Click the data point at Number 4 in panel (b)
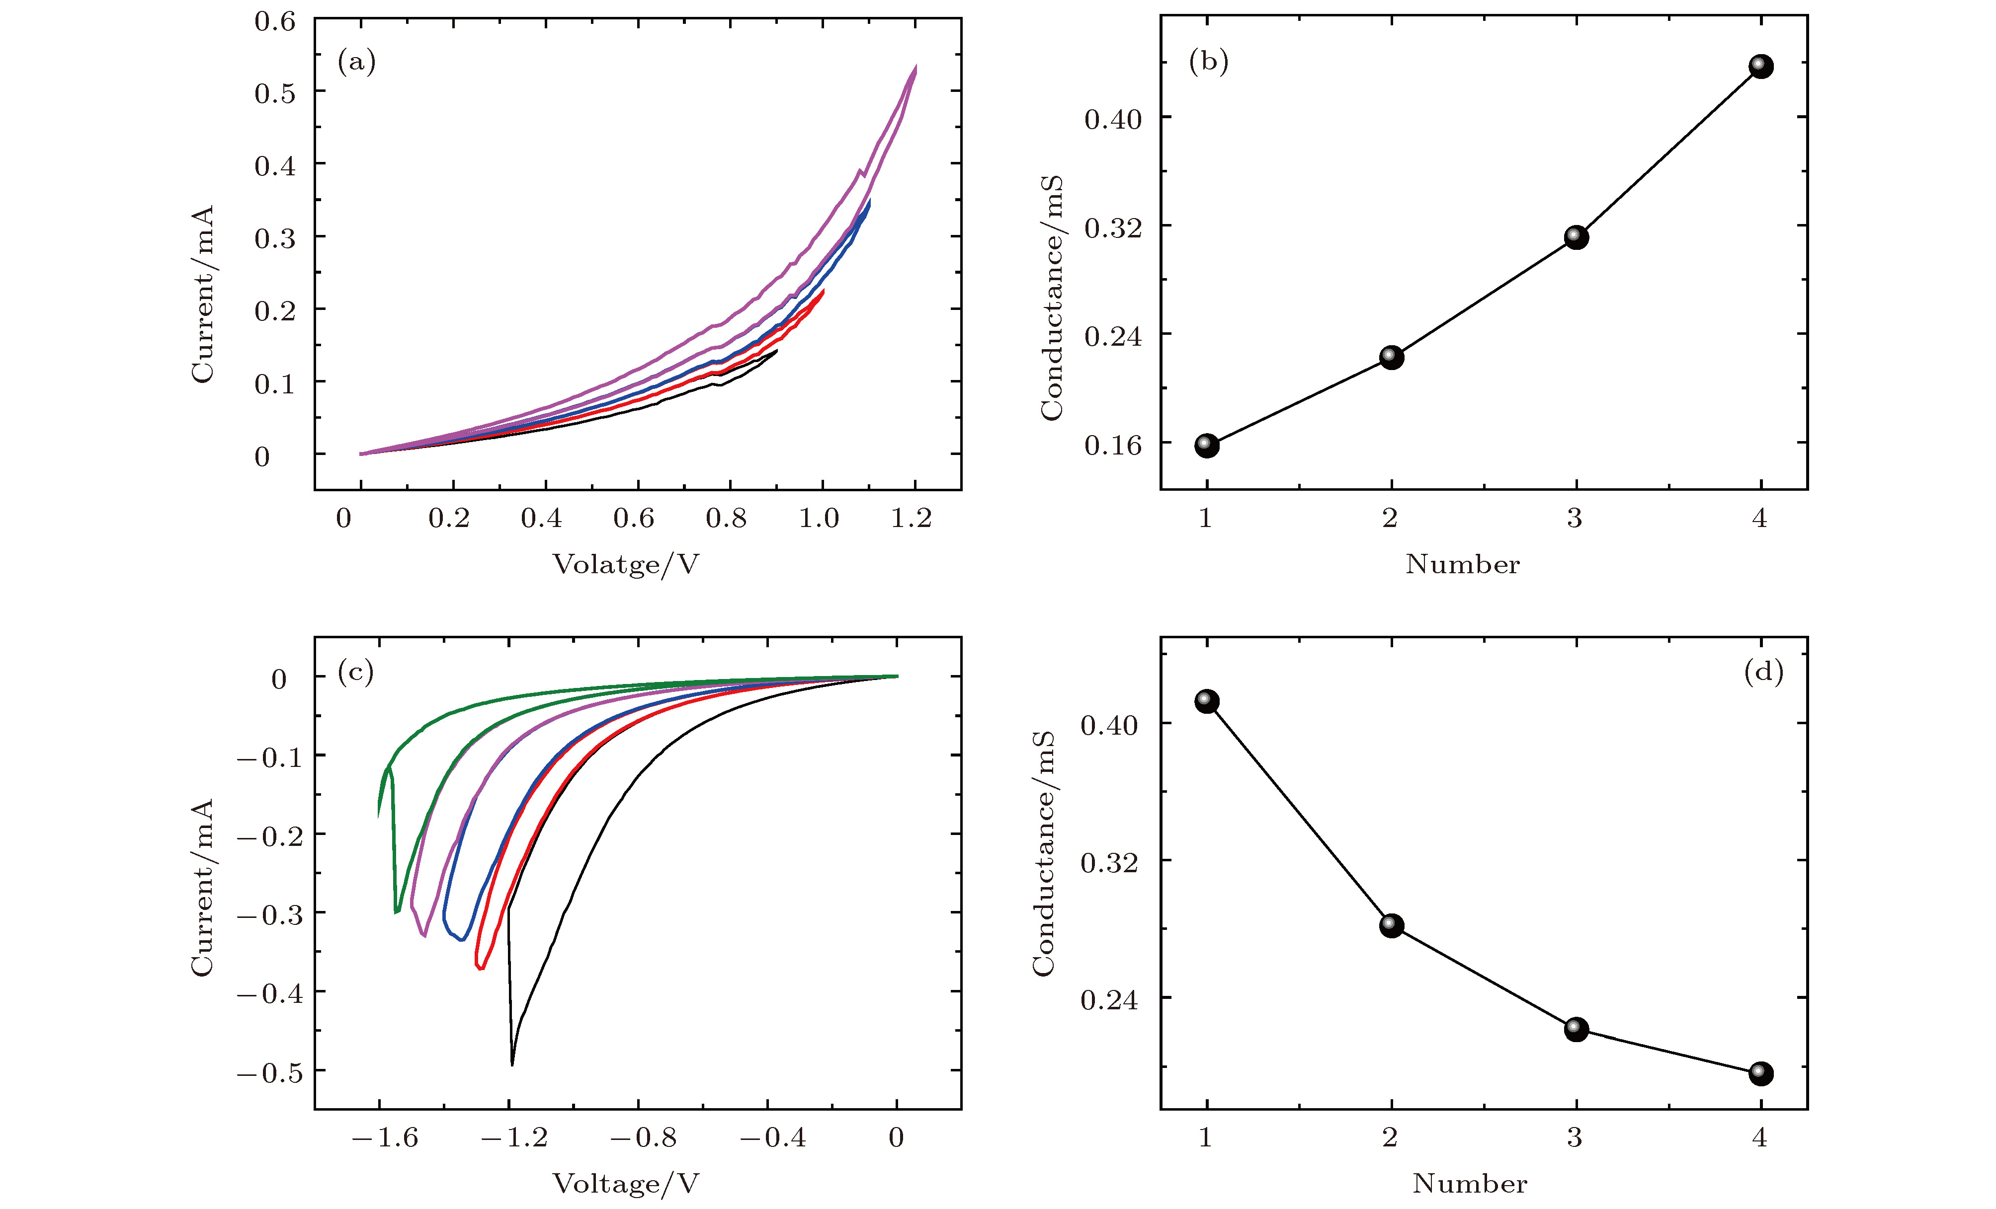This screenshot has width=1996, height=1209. click(x=1760, y=67)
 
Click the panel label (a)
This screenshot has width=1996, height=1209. click(x=356, y=62)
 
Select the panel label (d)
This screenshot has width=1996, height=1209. click(x=1763, y=671)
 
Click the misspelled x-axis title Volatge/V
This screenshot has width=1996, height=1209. click(x=625, y=564)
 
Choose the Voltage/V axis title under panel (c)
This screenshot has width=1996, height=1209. click(x=625, y=1184)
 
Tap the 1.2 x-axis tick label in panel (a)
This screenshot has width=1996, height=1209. click(x=912, y=518)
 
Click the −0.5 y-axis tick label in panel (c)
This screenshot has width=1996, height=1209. click(x=270, y=1072)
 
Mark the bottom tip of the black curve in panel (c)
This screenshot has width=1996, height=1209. click(x=512, y=1064)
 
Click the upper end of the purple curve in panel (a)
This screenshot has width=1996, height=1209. click(x=916, y=67)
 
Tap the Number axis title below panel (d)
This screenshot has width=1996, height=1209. click(x=1470, y=1184)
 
